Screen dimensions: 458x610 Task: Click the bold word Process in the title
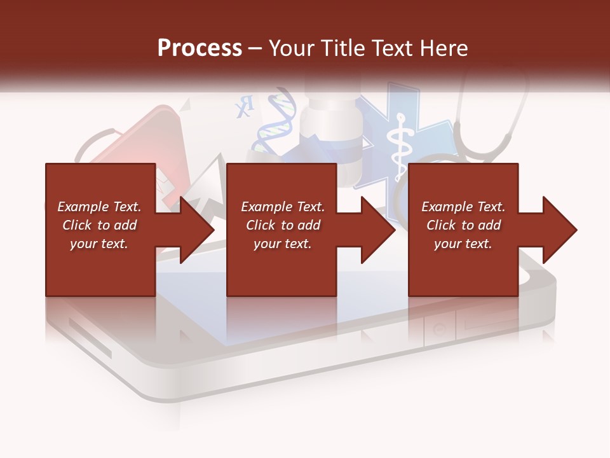click(200, 48)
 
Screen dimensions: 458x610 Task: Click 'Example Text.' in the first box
click(99, 207)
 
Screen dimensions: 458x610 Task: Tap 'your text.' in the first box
click(99, 244)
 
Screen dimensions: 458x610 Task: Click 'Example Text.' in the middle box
click(283, 207)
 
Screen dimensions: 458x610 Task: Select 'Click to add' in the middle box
click(283, 225)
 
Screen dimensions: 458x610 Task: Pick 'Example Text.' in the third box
click(463, 207)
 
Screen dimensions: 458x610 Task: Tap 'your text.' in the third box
click(463, 244)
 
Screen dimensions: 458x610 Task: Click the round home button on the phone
click(439, 329)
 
